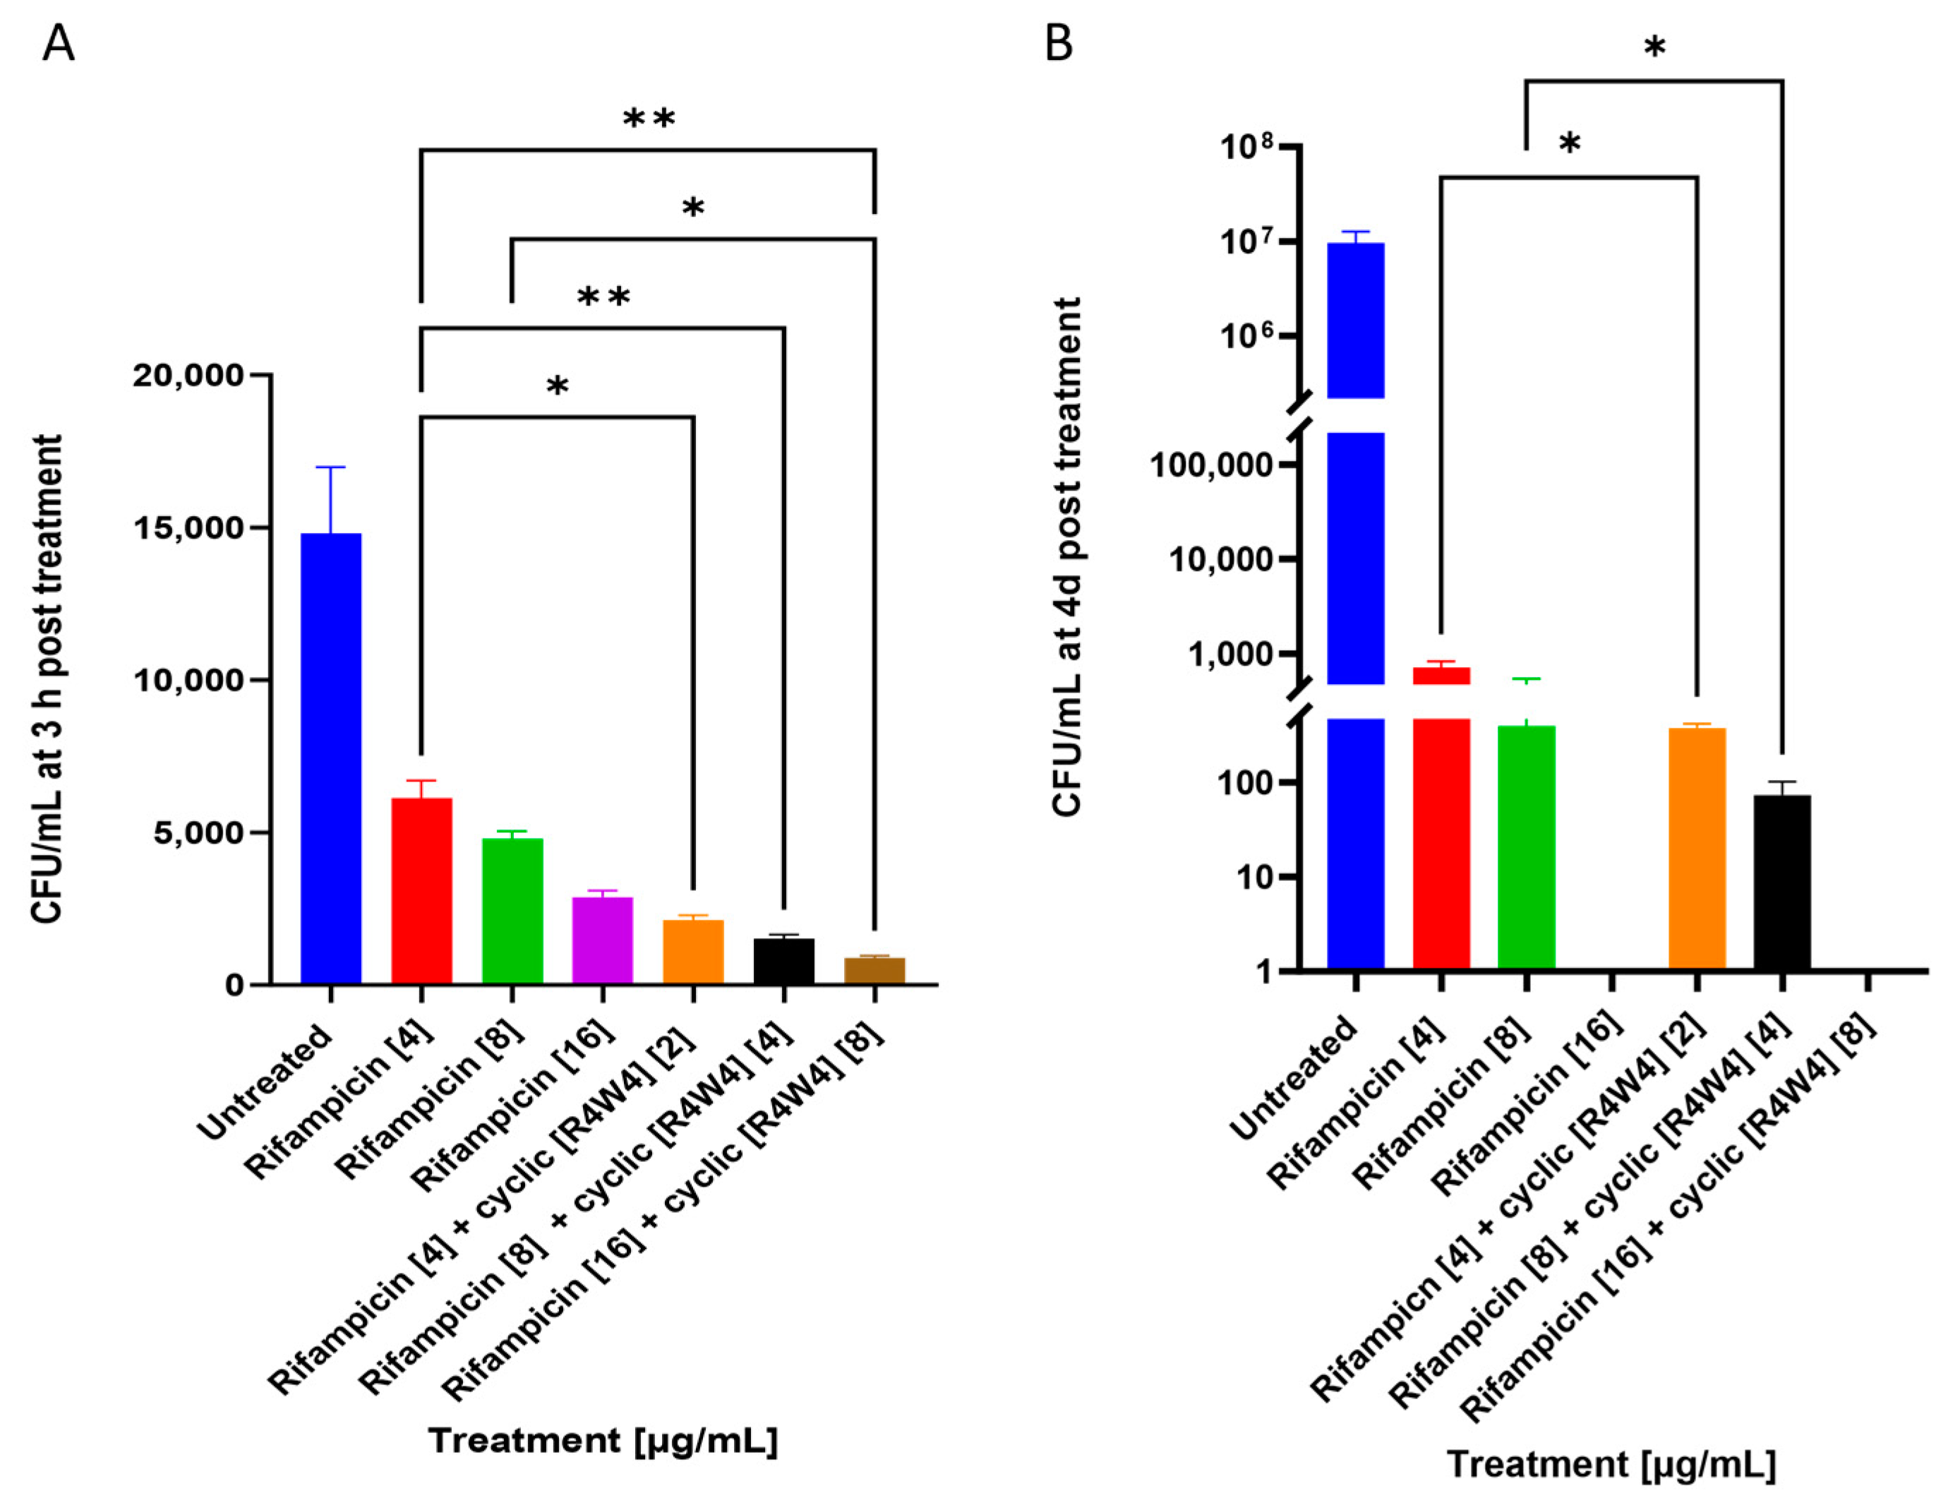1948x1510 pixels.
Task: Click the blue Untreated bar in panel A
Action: (330, 758)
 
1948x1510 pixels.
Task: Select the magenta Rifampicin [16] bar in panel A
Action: (602, 940)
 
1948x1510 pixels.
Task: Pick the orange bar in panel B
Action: (1697, 847)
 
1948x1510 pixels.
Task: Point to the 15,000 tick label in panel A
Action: (188, 528)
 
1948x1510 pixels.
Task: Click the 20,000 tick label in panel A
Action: (188, 376)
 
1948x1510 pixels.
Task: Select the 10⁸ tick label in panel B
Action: (1249, 147)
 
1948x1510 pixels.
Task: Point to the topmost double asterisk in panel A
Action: (649, 119)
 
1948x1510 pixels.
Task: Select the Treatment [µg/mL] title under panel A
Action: (603, 1440)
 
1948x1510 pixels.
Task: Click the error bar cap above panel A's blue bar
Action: (330, 467)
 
